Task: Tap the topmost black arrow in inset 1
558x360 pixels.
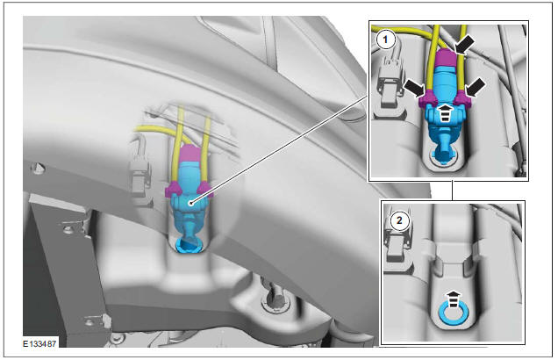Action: tap(466, 41)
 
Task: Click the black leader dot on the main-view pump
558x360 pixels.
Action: tap(190, 201)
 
